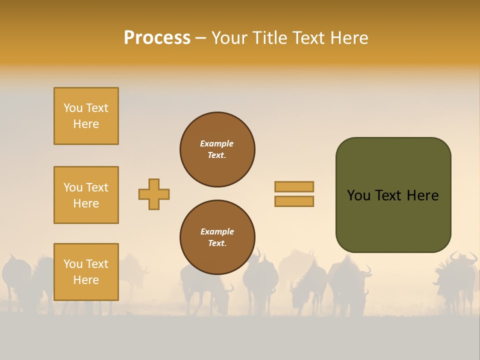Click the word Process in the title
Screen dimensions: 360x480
pyautogui.click(x=157, y=38)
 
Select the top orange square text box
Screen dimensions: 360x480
pyautogui.click(x=86, y=116)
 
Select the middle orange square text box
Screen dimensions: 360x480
pyautogui.click(x=86, y=195)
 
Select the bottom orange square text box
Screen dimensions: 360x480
pyautogui.click(x=86, y=272)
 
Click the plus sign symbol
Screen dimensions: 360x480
pyautogui.click(x=154, y=194)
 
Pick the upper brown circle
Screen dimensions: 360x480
pyautogui.click(x=217, y=149)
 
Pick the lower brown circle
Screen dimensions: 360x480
pyautogui.click(x=217, y=237)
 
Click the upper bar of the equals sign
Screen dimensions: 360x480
pyautogui.click(x=294, y=186)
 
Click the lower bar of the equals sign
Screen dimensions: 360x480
pyautogui.click(x=294, y=201)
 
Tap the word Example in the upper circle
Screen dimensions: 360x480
pyautogui.click(x=216, y=143)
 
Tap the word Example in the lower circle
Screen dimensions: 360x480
pyautogui.click(x=217, y=231)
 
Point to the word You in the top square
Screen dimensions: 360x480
pyautogui.click(x=73, y=108)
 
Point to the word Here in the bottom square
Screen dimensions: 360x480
pyautogui.click(x=86, y=280)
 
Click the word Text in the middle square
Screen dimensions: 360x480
pyautogui.click(x=97, y=187)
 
